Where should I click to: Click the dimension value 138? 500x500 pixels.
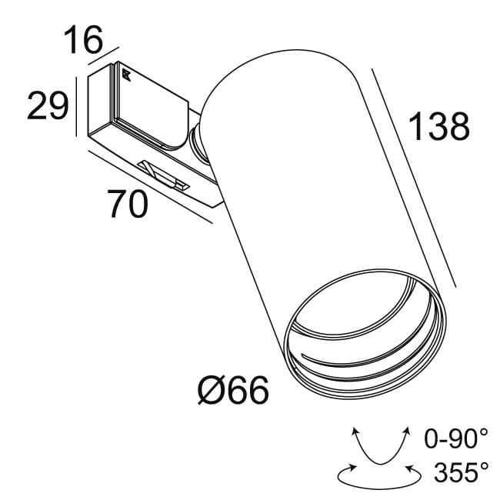pos(438,127)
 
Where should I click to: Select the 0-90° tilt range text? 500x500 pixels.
pos(456,439)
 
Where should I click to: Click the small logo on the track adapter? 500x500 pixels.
pos(125,75)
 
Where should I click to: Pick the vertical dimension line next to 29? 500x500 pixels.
pos(76,106)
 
